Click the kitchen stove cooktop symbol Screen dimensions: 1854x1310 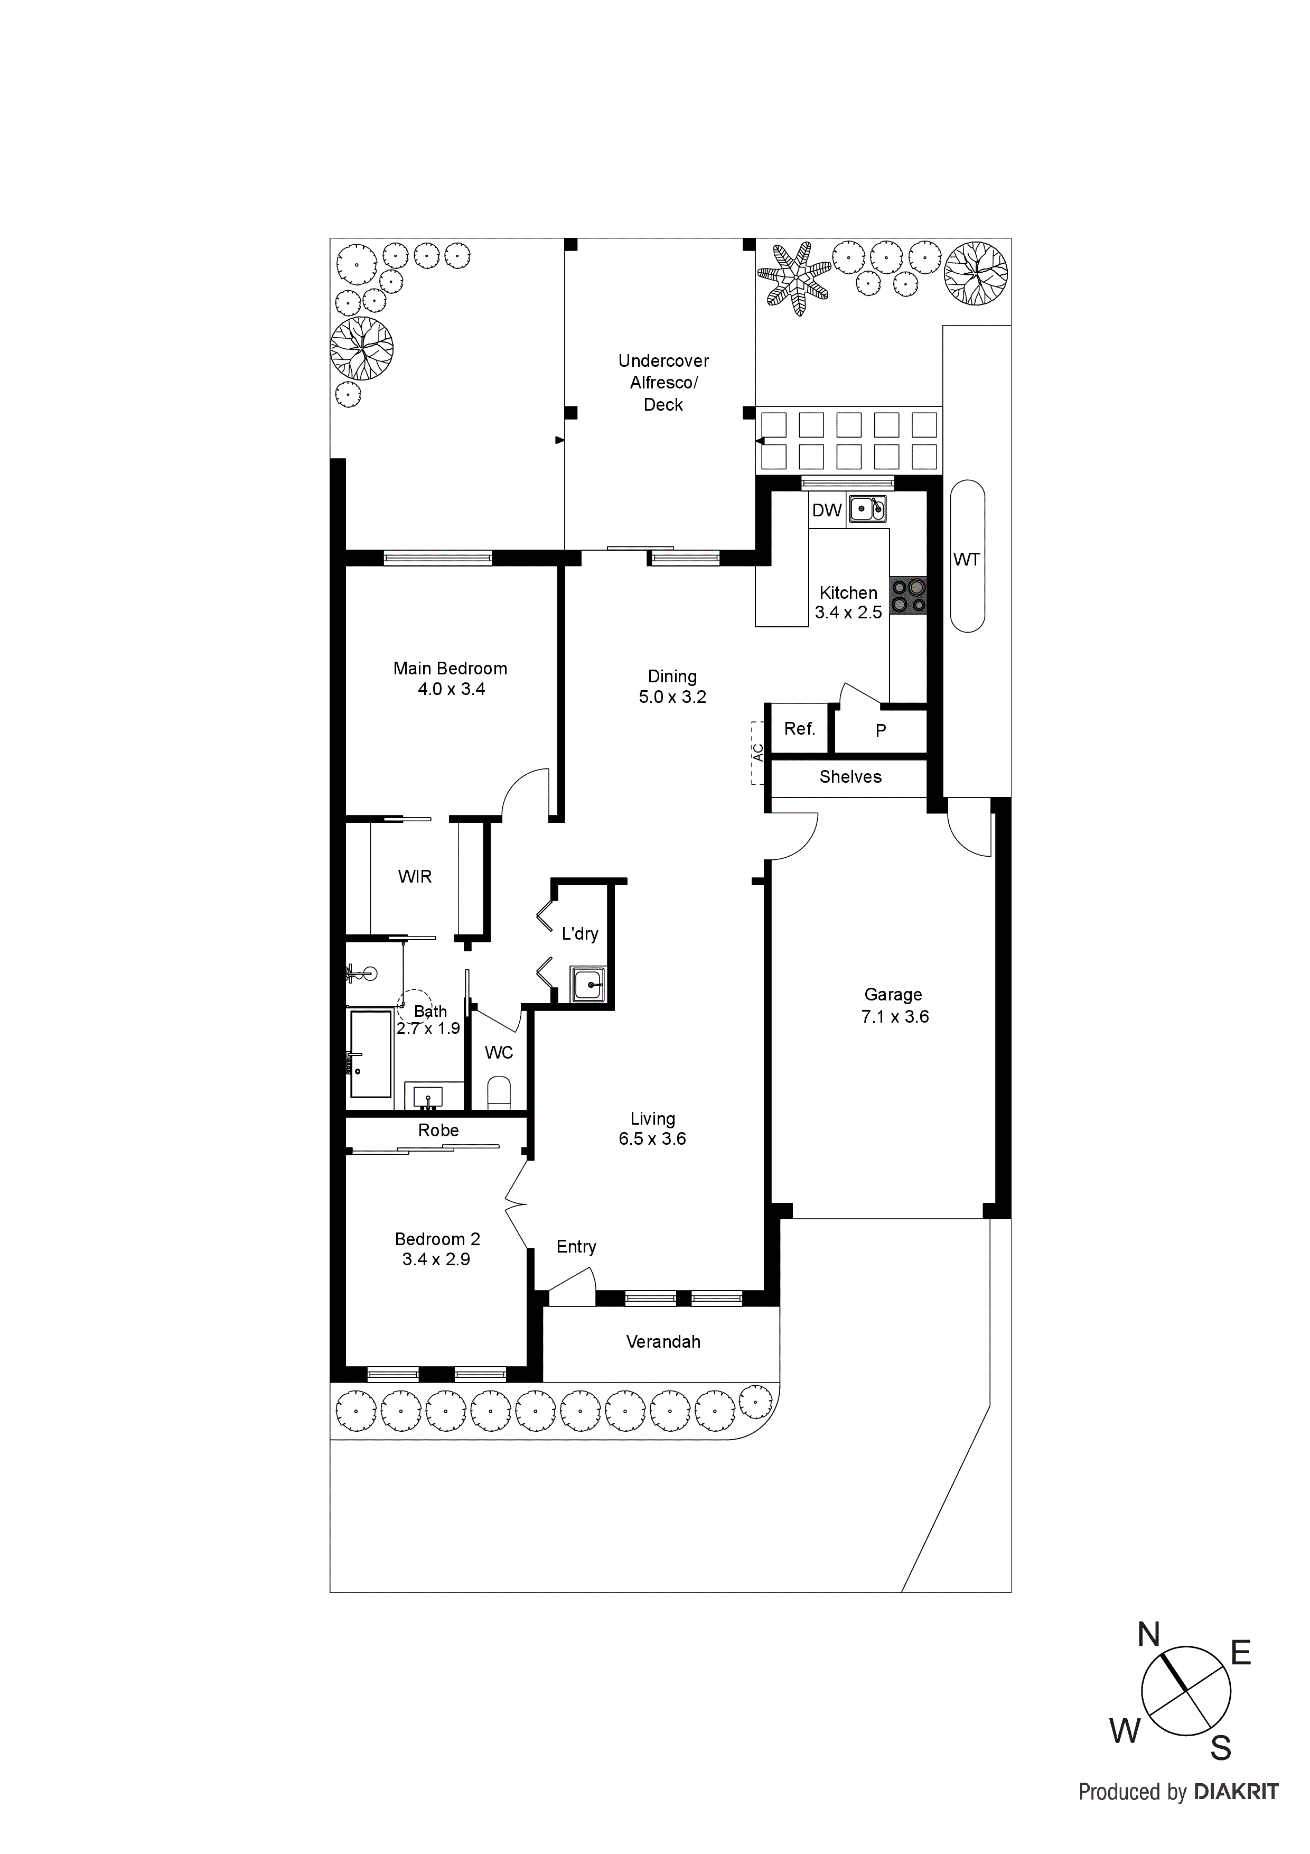pos(909,597)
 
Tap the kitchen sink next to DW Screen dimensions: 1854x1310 pos(868,509)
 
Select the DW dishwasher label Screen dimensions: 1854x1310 pos(827,511)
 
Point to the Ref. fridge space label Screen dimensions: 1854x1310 pos(799,729)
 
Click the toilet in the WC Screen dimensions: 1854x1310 pos(499,1092)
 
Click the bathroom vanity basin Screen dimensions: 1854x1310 pos(428,1097)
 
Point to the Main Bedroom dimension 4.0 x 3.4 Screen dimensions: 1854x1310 pos(451,690)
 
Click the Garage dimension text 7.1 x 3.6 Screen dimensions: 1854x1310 pos(894,1017)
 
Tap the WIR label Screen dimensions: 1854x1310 pos(415,877)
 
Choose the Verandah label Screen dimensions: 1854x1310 pos(663,1342)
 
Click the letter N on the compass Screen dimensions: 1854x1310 pos(1148,1635)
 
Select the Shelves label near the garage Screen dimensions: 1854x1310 pos(850,777)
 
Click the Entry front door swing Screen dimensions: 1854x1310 pos(572,1284)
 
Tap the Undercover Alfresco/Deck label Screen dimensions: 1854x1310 pos(663,383)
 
